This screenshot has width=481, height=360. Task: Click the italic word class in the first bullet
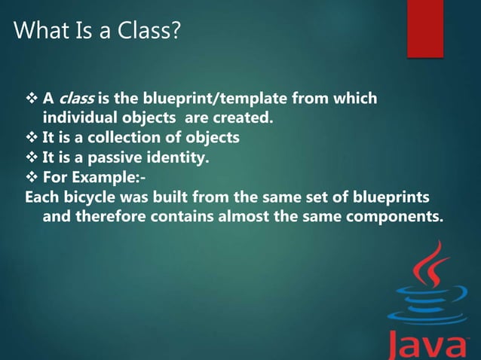(76, 99)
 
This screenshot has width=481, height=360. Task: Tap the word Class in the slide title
(149, 32)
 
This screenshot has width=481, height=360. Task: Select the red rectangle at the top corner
(424, 28)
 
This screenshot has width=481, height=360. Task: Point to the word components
(394, 216)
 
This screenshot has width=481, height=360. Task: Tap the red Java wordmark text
(427, 344)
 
